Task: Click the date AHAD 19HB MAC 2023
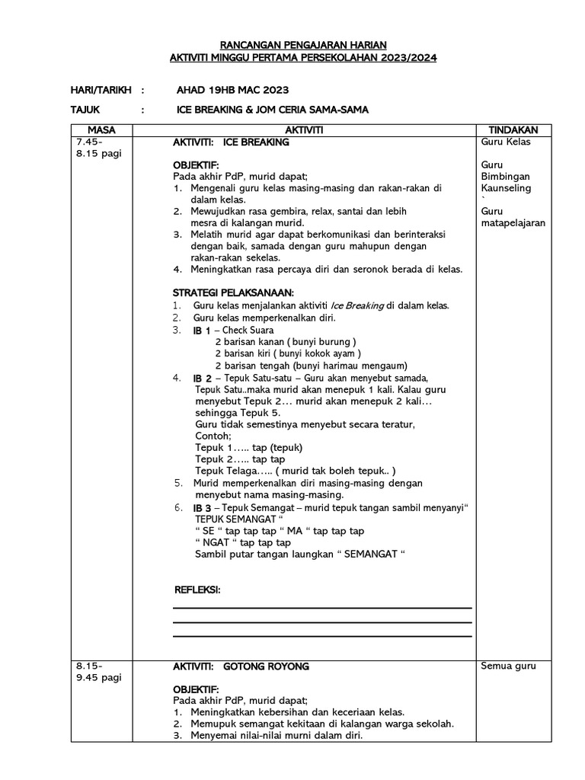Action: [232, 91]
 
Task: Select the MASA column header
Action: [101, 130]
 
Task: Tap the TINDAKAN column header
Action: [511, 130]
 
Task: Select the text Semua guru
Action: [508, 666]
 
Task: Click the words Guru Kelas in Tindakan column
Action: [506, 142]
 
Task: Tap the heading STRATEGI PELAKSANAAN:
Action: [233, 293]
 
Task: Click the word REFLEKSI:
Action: [197, 590]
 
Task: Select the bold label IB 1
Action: [201, 331]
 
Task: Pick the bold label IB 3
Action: [202, 508]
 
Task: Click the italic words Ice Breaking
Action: [353, 305]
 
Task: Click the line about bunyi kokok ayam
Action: [288, 353]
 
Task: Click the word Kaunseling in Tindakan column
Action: [507, 188]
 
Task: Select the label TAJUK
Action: [85, 110]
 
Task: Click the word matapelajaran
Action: [513, 223]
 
